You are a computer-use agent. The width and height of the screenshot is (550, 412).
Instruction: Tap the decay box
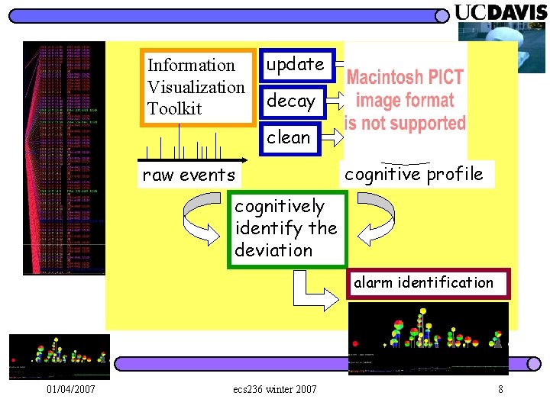tap(292, 101)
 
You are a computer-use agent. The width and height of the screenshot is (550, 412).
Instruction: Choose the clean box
tap(289, 137)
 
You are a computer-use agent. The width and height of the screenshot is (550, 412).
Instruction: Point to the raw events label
tap(189, 175)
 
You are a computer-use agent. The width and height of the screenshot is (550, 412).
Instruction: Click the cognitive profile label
tap(413, 174)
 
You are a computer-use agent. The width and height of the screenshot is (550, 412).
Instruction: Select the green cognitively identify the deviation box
tap(286, 228)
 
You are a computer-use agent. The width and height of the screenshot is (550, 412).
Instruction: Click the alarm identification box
tap(423, 282)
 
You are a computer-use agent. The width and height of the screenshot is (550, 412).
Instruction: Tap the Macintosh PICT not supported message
tap(405, 100)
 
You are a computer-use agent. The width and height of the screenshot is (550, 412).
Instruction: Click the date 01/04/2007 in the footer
tap(71, 390)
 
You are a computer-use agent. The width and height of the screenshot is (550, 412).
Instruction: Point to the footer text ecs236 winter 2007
tap(274, 390)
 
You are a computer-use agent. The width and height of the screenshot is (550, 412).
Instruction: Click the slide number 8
tap(500, 390)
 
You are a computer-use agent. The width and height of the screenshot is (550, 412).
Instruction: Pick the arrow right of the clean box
tap(332, 138)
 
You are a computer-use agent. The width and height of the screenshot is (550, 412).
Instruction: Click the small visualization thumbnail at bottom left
tap(60, 356)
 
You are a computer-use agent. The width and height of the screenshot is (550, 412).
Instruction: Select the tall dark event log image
tap(64, 158)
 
